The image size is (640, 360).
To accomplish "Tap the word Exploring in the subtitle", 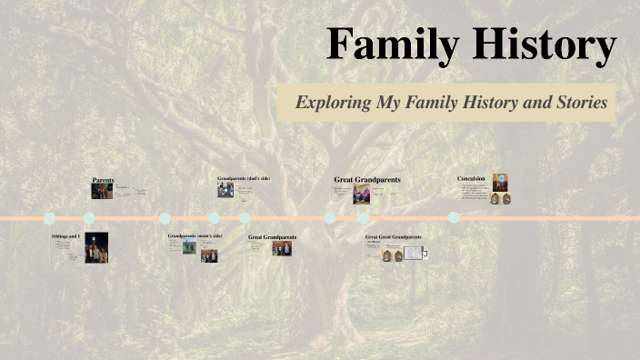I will tap(333, 103).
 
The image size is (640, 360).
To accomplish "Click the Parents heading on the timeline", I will tap(103, 180).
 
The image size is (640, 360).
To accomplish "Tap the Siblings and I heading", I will tap(65, 236).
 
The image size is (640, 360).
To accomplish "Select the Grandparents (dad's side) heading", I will tap(244, 178).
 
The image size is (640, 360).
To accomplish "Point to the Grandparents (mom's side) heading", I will tap(195, 235).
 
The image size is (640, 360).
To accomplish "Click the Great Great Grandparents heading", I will tap(393, 236).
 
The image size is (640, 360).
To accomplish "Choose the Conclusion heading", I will tap(472, 179).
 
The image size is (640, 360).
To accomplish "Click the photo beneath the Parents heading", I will tap(101, 191).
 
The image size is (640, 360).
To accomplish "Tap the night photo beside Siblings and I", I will tap(96, 247).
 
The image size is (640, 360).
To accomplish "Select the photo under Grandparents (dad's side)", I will tap(225, 190).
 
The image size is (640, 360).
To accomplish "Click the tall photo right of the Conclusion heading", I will tap(500, 182).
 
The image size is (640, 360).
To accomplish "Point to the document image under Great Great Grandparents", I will tap(413, 254).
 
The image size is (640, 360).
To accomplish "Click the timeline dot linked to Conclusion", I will tap(453, 217).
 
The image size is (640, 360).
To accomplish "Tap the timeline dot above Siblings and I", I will tap(49, 218).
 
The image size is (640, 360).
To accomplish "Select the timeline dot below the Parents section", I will tap(89, 218).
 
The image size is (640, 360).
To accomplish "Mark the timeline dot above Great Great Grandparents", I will tap(363, 218).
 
